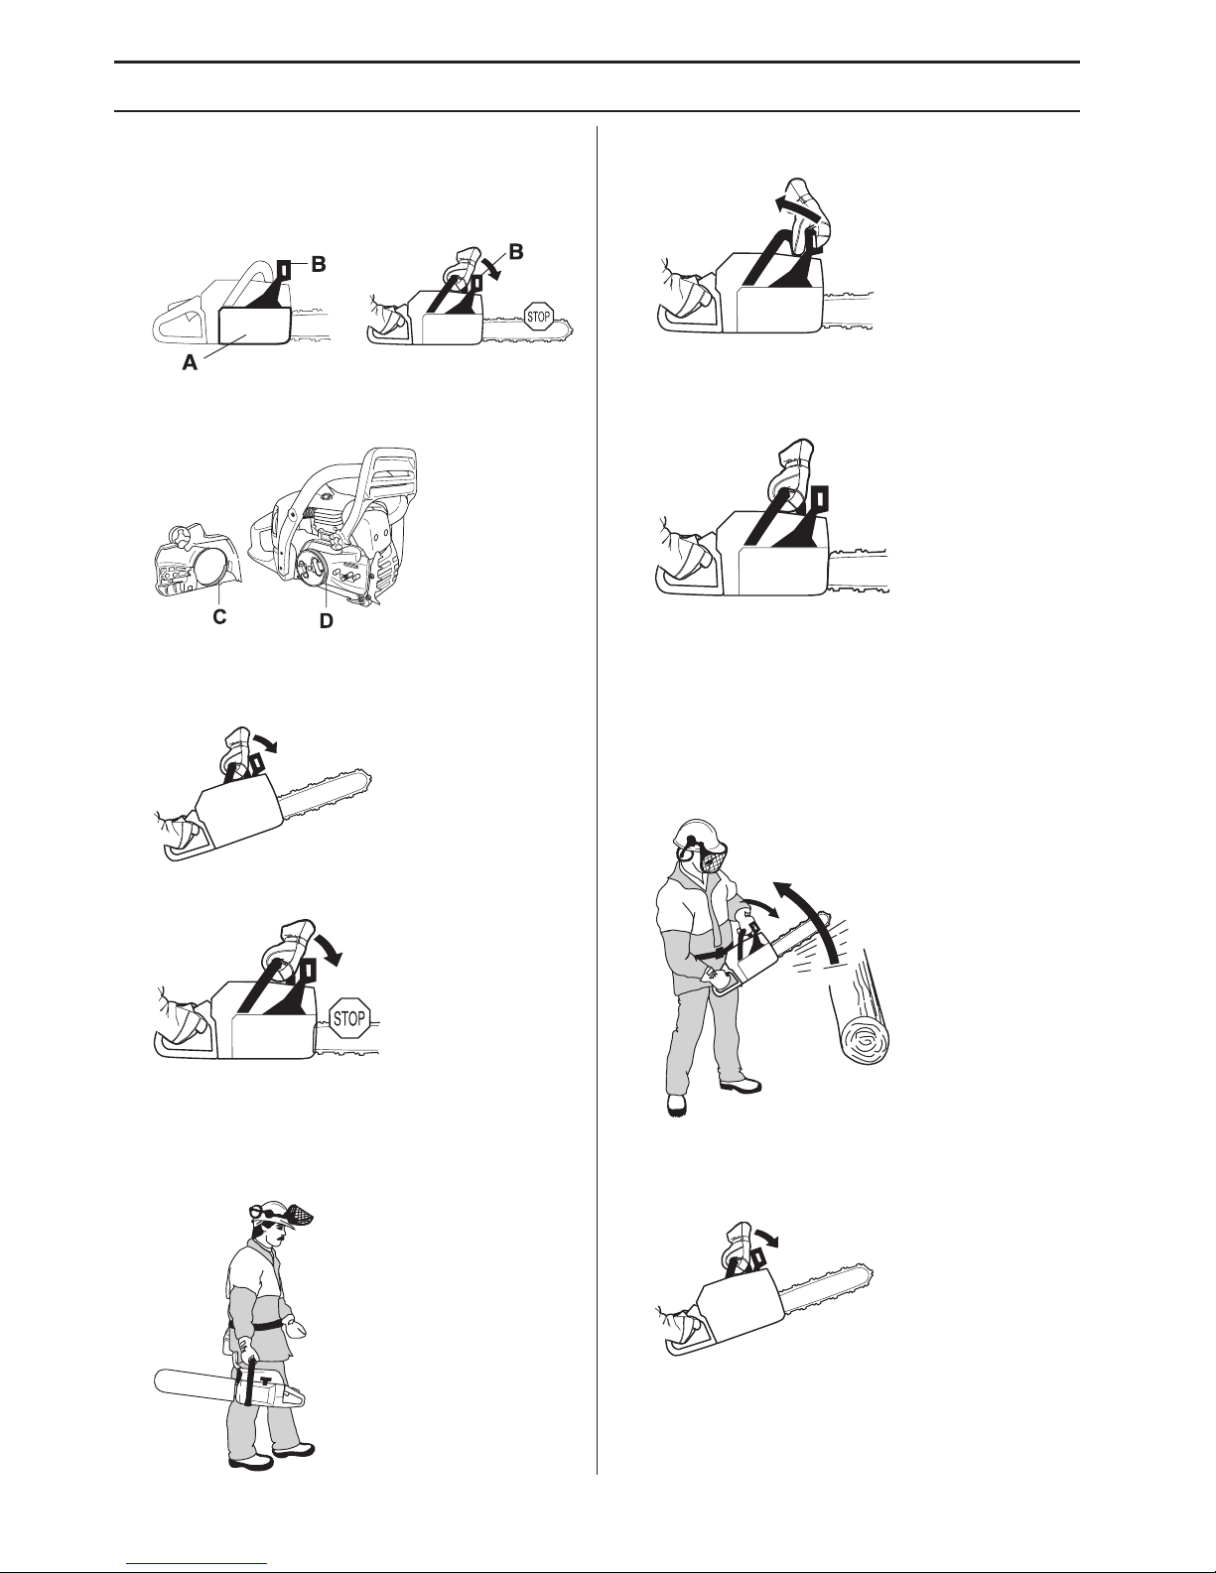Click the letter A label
point(190,362)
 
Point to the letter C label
point(219,616)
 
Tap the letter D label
point(327,620)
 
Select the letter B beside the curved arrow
point(516,252)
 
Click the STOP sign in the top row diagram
point(538,317)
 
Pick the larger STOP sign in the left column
point(348,1018)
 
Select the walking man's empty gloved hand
point(296,1328)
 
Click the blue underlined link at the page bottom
point(197,1565)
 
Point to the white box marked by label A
point(254,326)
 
